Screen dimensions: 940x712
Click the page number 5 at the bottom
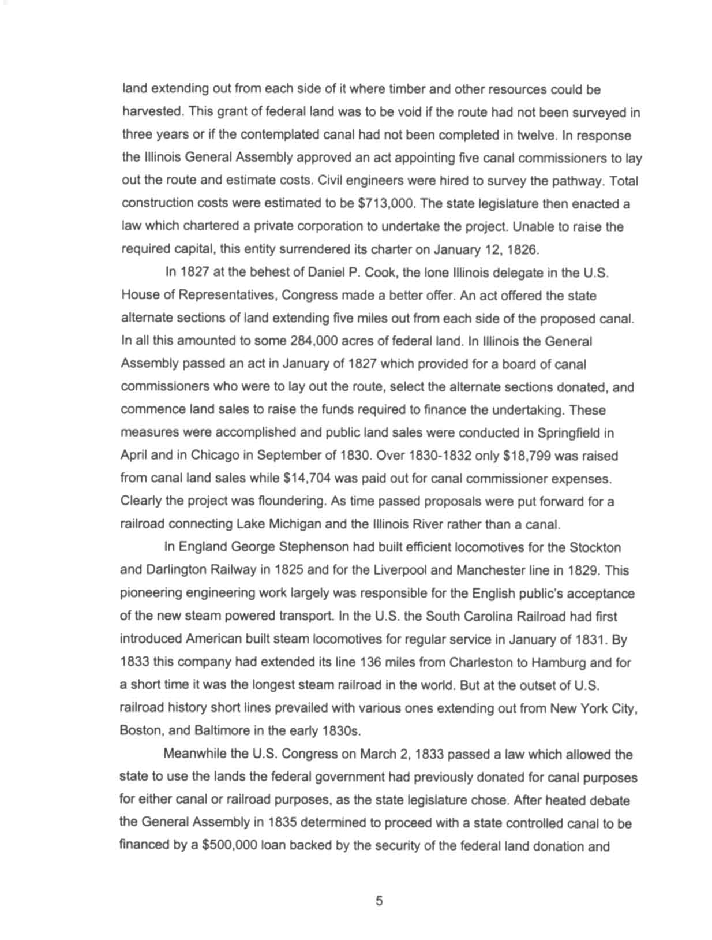(x=379, y=901)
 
